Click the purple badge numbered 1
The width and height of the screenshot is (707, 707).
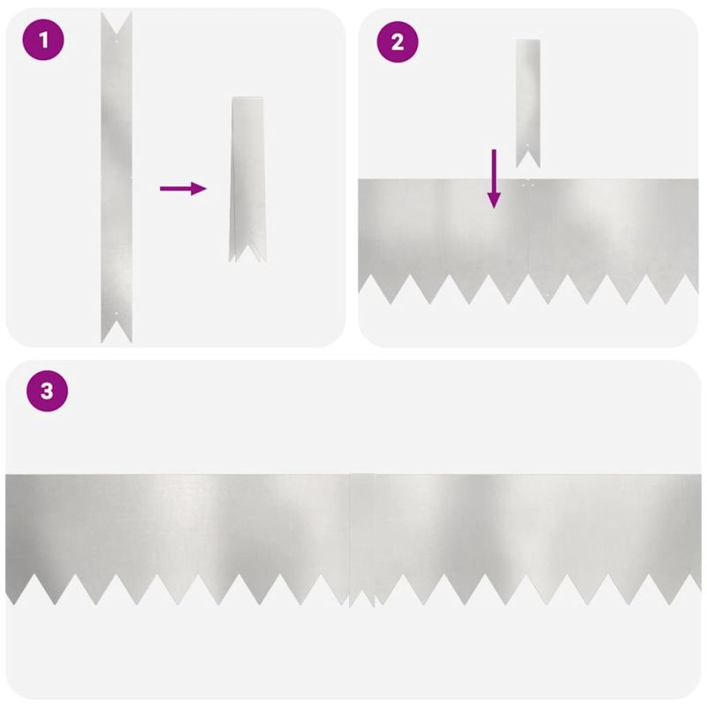(43, 40)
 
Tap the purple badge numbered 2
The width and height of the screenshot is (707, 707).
(397, 42)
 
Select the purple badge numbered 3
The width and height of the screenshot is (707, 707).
(48, 391)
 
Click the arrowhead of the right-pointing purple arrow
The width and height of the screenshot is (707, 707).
(199, 188)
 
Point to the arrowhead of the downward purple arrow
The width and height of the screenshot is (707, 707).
(494, 200)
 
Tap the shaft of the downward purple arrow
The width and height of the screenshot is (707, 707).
(494, 171)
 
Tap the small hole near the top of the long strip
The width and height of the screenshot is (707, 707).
(117, 42)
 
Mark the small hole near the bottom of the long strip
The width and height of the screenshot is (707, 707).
(117, 313)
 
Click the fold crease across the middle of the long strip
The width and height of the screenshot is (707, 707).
(117, 178)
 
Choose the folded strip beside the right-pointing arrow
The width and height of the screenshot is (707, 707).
(247, 179)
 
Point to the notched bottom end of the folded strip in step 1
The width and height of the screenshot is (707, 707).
(247, 253)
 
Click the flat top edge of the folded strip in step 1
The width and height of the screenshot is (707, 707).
(247, 97)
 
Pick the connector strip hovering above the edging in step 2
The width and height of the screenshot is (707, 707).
(528, 103)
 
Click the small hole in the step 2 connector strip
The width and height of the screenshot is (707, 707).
(528, 145)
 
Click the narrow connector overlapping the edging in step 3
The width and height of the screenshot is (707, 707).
(362, 540)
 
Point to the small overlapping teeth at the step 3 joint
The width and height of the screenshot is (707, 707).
(362, 597)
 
